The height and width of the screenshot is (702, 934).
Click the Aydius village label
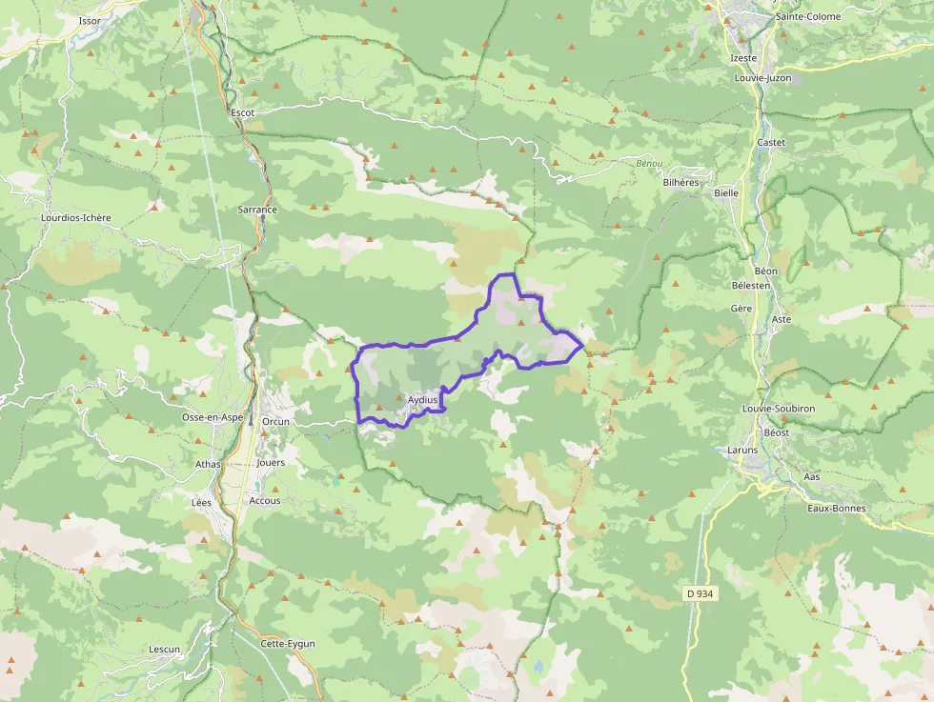[422, 400]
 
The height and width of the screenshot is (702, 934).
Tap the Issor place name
[91, 20]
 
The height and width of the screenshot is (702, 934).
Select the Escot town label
[243, 112]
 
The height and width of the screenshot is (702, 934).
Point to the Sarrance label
[257, 210]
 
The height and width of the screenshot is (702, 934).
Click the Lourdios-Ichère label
[76, 218]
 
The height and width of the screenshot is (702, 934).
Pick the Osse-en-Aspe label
[213, 417]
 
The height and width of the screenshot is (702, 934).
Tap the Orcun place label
[275, 421]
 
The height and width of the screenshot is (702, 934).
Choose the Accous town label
[265, 500]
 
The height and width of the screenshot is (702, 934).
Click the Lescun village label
[164, 650]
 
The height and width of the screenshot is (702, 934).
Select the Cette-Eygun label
[288, 644]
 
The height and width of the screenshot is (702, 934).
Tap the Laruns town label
[742, 450]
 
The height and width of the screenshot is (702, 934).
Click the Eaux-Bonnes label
[837, 508]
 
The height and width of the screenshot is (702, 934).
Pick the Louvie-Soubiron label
[779, 409]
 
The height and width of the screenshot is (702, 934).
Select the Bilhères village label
[680, 182]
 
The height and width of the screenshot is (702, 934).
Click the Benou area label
[649, 164]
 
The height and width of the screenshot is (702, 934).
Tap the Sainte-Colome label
[808, 17]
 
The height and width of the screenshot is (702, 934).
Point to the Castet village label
[771, 143]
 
